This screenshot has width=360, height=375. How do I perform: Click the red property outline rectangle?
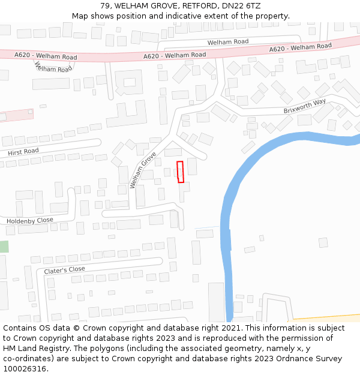coord(180,172)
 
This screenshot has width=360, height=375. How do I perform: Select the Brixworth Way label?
coord(305,106)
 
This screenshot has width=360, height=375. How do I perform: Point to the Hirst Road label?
coord(23,152)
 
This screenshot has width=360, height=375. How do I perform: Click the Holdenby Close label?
coord(29,221)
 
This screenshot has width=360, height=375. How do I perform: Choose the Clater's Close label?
coord(65,270)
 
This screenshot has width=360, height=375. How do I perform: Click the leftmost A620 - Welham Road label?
coord(46,56)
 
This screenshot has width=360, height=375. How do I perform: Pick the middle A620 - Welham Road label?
coord(175,55)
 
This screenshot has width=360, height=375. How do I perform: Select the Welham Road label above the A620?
coord(228,42)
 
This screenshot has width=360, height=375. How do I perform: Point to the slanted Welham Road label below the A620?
coord(53,67)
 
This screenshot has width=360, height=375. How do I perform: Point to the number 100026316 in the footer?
coord(25,368)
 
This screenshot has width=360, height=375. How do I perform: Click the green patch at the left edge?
coord(4,247)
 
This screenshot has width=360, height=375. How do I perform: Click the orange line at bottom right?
coord(327,317)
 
